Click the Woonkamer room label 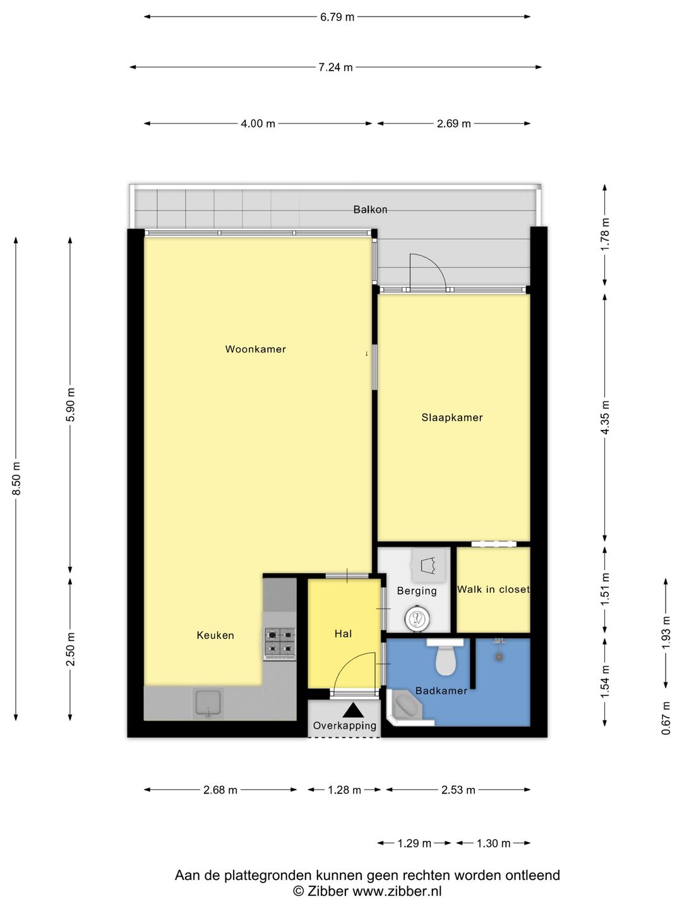point(255,349)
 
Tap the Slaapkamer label point(452,417)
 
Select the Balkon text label point(370,210)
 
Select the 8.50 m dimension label point(16,478)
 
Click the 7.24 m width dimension point(335,67)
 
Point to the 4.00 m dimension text point(258,123)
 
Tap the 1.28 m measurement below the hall point(345,790)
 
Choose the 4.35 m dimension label point(605,417)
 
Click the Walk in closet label point(493,590)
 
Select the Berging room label point(417,591)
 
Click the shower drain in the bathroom point(500,656)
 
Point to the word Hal point(344,634)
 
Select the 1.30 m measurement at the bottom point(493,843)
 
